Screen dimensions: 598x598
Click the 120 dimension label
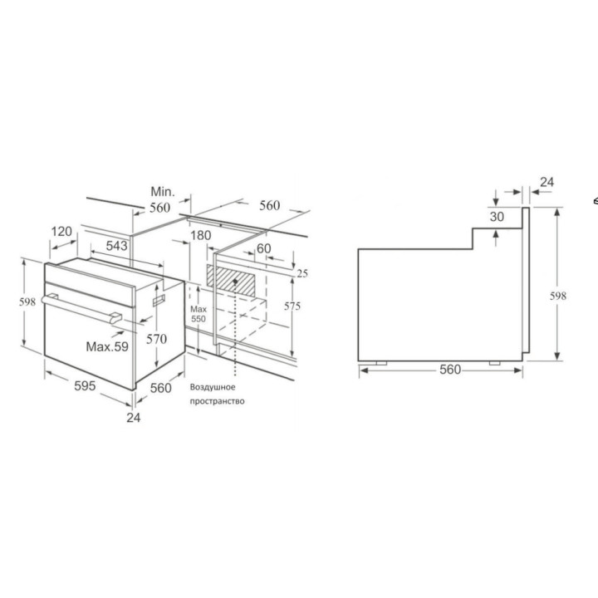pyautogui.click(x=61, y=231)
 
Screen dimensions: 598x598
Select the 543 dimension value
pyautogui.click(x=117, y=246)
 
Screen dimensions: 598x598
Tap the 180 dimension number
pyautogui.click(x=201, y=235)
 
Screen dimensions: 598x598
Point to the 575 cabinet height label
pyautogui.click(x=292, y=306)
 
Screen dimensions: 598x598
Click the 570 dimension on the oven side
pyautogui.click(x=156, y=339)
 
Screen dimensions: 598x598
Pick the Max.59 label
pyautogui.click(x=107, y=346)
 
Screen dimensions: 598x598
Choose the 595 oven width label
pyautogui.click(x=85, y=386)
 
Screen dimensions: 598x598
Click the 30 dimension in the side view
pyautogui.click(x=497, y=217)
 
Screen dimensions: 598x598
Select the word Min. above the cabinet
pyautogui.click(x=163, y=192)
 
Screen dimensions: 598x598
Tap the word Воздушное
pyautogui.click(x=213, y=388)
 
